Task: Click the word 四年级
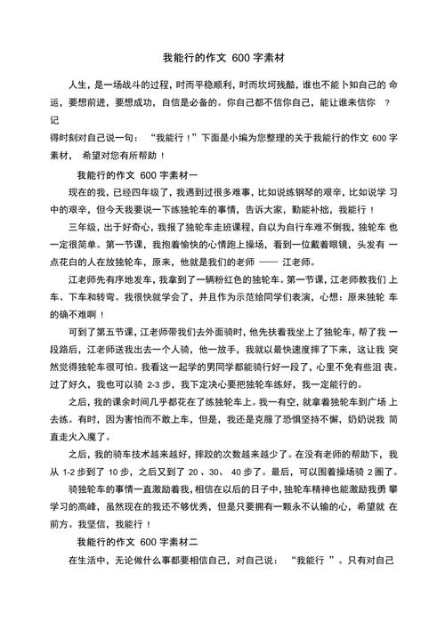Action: click(158, 191)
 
